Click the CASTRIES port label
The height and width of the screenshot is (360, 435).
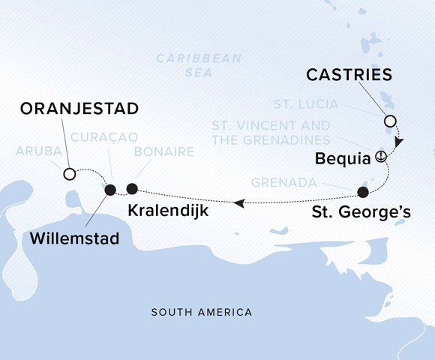[x=350, y=75]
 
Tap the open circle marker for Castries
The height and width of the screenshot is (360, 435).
[x=389, y=121]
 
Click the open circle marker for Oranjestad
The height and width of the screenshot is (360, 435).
[x=69, y=174]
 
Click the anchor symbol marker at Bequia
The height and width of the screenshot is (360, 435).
[x=381, y=157]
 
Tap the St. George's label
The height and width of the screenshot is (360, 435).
[x=361, y=212]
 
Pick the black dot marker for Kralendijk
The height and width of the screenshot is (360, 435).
[x=133, y=188]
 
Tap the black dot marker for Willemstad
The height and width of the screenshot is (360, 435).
[x=110, y=190]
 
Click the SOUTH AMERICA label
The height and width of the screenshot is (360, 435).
[x=201, y=312]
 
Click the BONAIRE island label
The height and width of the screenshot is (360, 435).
[x=164, y=151]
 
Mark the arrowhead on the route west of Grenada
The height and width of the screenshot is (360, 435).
[x=238, y=202]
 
